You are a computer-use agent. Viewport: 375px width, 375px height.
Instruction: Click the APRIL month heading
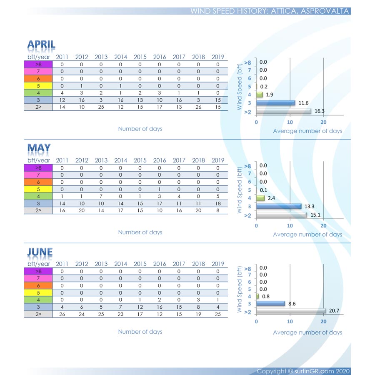(x=41, y=45)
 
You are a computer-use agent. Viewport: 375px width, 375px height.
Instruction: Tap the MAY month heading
(x=39, y=148)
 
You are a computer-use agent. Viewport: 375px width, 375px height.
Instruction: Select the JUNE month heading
(x=40, y=252)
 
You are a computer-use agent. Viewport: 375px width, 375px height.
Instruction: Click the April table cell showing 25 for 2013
(x=101, y=107)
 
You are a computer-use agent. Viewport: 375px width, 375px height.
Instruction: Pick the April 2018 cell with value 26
(x=198, y=107)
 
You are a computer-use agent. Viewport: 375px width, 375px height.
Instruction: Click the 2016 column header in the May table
(x=160, y=160)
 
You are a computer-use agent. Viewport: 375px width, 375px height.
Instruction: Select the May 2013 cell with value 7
(x=101, y=196)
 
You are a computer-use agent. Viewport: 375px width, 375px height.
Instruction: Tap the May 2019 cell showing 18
(x=218, y=203)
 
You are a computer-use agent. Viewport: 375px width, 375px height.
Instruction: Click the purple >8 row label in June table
(x=38, y=271)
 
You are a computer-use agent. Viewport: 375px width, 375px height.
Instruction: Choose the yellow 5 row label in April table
(x=38, y=86)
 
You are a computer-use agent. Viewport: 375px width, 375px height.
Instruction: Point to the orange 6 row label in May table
(x=38, y=182)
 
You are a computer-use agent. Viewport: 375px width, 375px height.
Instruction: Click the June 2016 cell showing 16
(x=160, y=307)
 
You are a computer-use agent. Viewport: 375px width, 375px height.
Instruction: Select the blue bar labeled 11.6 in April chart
(x=275, y=102)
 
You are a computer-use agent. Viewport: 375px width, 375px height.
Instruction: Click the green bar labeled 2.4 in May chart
(x=260, y=198)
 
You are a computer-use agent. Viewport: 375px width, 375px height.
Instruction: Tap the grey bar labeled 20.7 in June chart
(x=291, y=311)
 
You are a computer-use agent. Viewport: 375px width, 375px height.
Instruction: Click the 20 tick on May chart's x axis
(x=324, y=225)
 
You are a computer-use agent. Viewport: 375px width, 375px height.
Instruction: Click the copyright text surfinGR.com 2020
(x=303, y=371)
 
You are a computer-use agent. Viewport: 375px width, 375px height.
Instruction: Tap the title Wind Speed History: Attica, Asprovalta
(x=270, y=11)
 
